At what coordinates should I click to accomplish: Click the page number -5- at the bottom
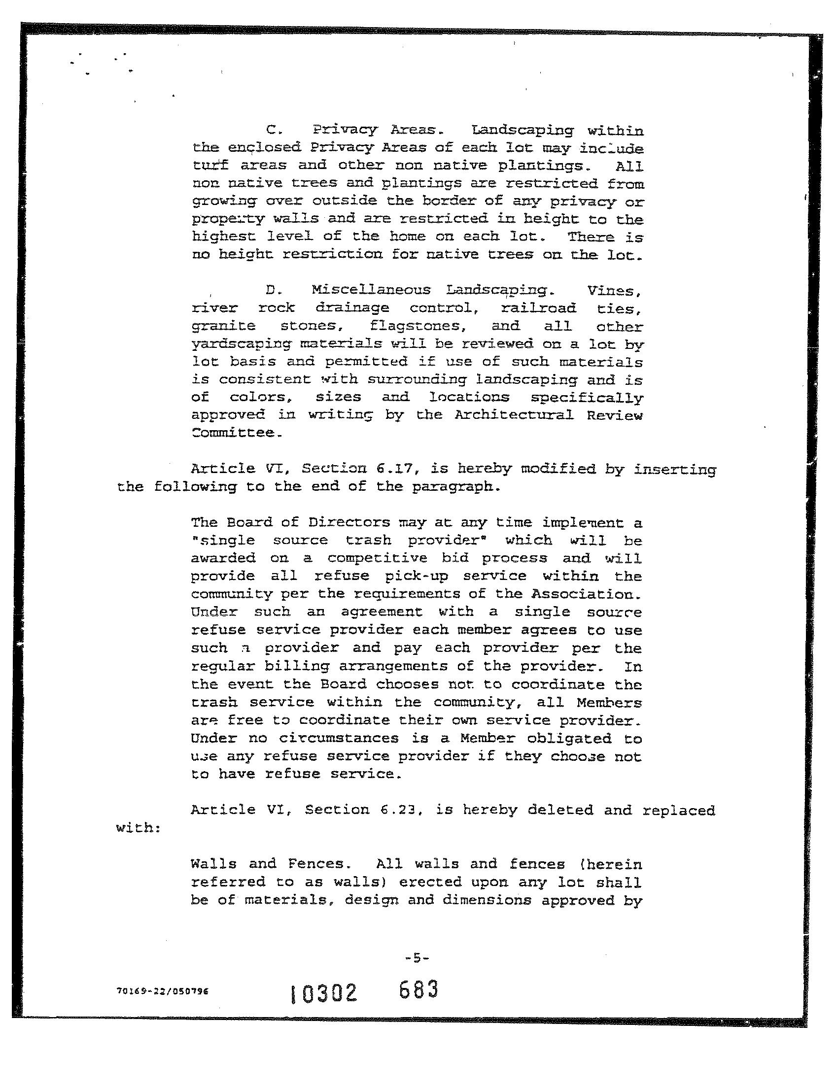coord(417,956)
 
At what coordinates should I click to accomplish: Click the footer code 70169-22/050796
coord(162,990)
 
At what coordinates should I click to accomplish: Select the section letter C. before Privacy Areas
coord(274,131)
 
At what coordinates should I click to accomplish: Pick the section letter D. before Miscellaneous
coord(274,290)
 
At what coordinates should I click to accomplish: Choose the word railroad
coord(538,308)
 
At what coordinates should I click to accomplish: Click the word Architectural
coord(514,415)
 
